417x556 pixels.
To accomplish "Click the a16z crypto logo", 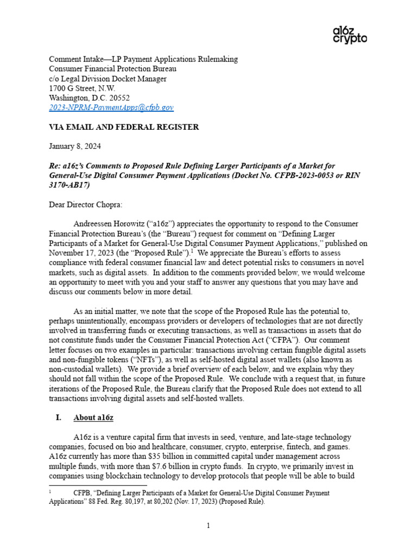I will point(349,34).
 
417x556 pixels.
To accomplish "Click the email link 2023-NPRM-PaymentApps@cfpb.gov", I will point(111,108).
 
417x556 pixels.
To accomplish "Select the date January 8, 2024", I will point(74,147).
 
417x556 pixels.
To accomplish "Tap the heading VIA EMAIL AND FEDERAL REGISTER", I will point(124,127).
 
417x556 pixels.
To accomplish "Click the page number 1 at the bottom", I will point(208,526).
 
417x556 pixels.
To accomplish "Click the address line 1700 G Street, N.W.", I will point(82,88).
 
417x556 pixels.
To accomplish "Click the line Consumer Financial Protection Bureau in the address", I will point(112,68).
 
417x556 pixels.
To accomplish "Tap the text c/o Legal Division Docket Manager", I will point(108,78).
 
